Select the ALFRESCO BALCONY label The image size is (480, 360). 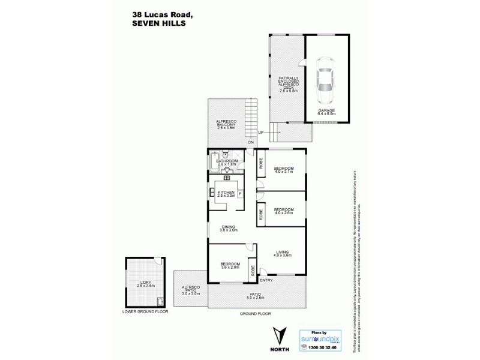pos(228,125)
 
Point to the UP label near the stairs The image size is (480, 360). pos(260,132)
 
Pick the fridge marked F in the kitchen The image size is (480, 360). pos(240,194)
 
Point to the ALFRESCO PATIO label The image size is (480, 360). pos(191,290)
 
